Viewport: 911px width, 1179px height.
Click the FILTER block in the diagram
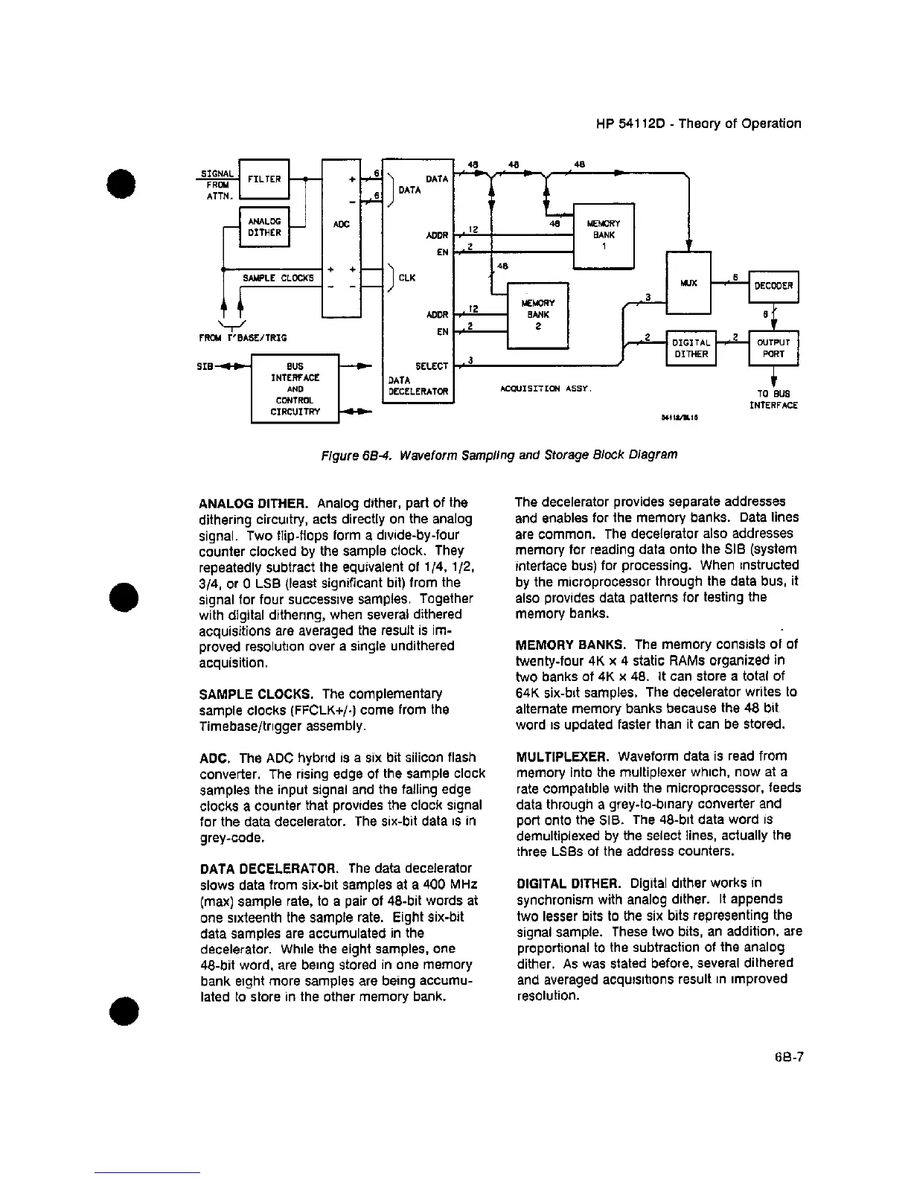pos(263,179)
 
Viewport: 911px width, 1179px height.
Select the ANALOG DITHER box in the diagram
pos(263,226)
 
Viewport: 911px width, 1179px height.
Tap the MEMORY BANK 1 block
pos(603,235)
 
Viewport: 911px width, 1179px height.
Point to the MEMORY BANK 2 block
pos(537,315)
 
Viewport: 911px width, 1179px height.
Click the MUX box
pos(688,283)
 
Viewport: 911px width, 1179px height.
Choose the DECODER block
pos(773,286)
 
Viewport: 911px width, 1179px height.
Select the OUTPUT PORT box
pos(773,348)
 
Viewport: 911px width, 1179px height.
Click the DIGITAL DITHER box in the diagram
pos(691,348)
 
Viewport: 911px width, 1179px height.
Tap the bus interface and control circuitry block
pos(295,389)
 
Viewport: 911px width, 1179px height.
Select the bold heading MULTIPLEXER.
pos(563,756)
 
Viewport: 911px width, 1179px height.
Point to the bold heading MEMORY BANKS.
pos(571,645)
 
